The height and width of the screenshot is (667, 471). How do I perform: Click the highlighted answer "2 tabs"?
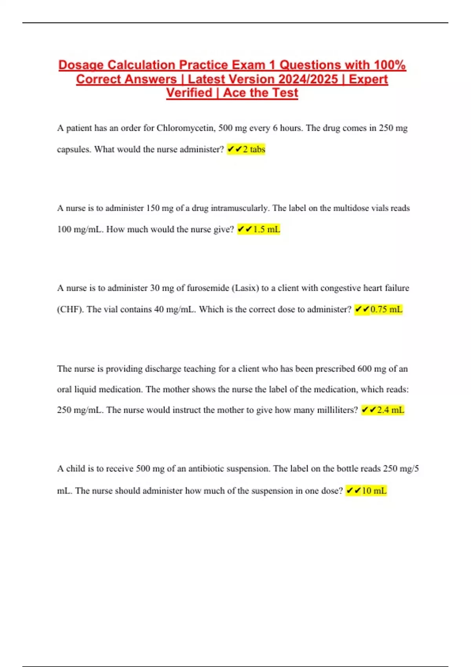pos(246,149)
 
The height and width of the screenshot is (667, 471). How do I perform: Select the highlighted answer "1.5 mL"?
pos(259,230)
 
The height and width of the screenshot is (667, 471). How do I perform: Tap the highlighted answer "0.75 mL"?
pos(379,310)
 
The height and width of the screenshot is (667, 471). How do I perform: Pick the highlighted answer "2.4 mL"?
pos(383,410)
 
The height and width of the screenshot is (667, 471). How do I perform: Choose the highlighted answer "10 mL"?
pos(366,491)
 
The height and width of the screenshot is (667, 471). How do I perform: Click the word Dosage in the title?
pos(81,65)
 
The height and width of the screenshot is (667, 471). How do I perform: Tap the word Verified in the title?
pos(189,93)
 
